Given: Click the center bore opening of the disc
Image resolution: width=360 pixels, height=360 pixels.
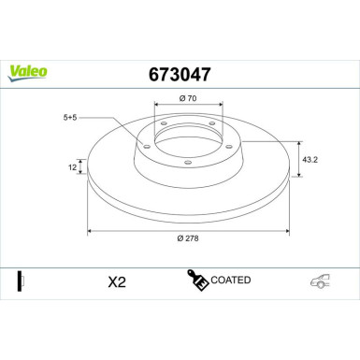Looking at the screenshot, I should pyautogui.click(x=187, y=141).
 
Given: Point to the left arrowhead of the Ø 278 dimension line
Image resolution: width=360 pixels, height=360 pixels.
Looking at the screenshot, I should pyautogui.click(x=91, y=230).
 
